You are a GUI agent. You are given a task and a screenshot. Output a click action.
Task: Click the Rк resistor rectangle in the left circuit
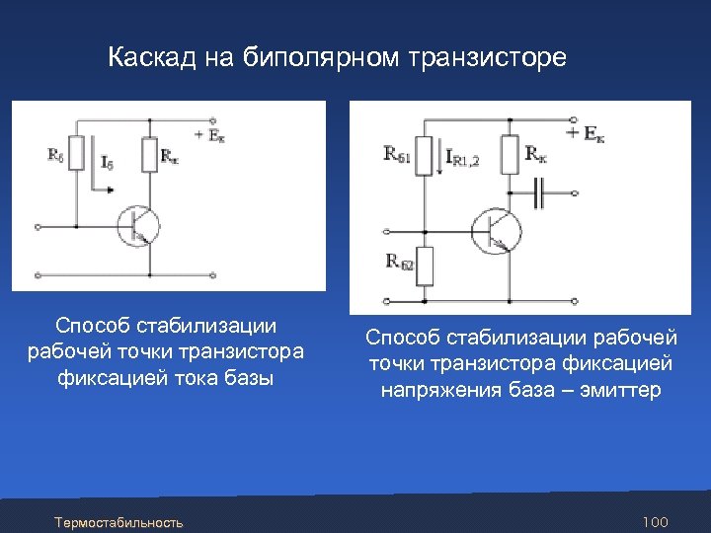(x=148, y=154)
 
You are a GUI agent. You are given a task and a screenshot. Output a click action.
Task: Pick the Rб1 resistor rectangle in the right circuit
(x=425, y=156)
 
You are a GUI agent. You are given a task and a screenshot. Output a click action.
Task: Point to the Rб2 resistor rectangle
(x=425, y=264)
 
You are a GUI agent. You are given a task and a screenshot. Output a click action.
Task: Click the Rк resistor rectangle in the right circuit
(x=511, y=154)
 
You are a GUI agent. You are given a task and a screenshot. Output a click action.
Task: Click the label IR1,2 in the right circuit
(x=463, y=156)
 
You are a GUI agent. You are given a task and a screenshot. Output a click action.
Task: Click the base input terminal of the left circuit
(x=38, y=226)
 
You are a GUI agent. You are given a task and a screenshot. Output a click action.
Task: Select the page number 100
(x=655, y=521)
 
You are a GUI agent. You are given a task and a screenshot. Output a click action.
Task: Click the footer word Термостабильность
(x=118, y=521)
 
